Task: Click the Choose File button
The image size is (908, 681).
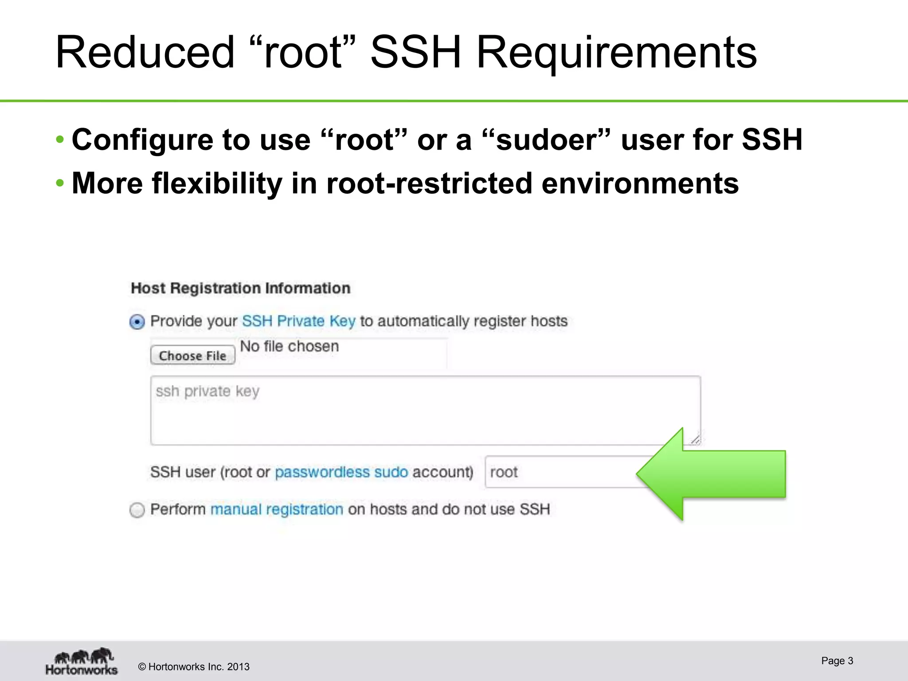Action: (192, 356)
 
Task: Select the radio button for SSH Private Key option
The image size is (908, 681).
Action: (137, 321)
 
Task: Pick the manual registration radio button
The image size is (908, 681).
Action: (137, 510)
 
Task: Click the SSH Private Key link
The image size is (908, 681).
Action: (298, 321)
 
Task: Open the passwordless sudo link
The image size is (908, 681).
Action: (341, 472)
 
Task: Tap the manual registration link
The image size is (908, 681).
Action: (277, 509)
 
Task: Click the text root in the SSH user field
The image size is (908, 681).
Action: (504, 472)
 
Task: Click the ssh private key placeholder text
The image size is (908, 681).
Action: (207, 391)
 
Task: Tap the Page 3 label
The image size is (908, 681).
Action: (837, 661)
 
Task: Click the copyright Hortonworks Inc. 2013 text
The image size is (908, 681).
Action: (194, 667)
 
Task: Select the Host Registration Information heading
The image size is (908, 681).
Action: (240, 288)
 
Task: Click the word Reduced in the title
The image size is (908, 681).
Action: (145, 52)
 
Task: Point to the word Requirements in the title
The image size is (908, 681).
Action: (616, 53)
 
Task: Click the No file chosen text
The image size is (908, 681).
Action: (289, 346)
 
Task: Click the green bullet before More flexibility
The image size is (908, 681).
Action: (60, 183)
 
